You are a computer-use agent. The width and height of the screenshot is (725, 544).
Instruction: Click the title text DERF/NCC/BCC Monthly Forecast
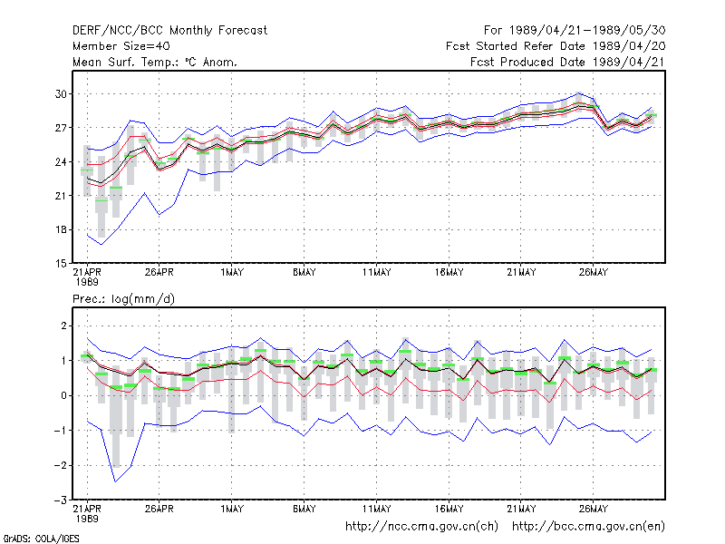click(169, 31)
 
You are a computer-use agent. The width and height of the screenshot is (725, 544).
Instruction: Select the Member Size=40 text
click(121, 46)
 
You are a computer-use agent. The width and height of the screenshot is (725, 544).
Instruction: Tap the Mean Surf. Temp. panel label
click(155, 62)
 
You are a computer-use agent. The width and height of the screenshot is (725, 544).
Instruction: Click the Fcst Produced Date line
click(568, 62)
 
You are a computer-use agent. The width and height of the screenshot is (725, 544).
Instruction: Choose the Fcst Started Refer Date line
click(556, 46)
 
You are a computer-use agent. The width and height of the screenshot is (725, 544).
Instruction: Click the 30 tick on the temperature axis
click(61, 94)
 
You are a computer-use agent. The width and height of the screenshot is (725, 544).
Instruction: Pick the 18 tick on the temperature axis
click(61, 230)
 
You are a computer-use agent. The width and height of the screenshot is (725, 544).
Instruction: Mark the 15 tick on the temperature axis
click(61, 264)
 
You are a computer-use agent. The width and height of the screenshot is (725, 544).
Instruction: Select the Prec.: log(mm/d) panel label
click(123, 299)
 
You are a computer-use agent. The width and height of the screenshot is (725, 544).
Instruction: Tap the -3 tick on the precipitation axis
click(61, 500)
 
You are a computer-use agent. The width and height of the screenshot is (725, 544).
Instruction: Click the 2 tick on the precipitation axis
click(63, 326)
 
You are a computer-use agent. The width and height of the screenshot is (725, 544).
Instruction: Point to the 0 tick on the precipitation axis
click(63, 396)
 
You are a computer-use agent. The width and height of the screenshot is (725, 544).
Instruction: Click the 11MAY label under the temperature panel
click(376, 273)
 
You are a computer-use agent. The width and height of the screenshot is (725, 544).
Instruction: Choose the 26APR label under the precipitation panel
click(159, 509)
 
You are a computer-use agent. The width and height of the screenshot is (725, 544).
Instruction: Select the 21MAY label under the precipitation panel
click(521, 509)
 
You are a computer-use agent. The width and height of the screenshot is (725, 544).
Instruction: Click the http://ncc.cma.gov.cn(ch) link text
click(421, 527)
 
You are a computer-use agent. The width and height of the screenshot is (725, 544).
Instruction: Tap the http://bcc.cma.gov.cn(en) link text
click(588, 527)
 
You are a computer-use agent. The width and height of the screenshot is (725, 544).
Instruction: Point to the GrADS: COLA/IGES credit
click(41, 539)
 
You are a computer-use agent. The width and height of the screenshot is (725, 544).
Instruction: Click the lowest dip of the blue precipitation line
click(116, 482)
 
